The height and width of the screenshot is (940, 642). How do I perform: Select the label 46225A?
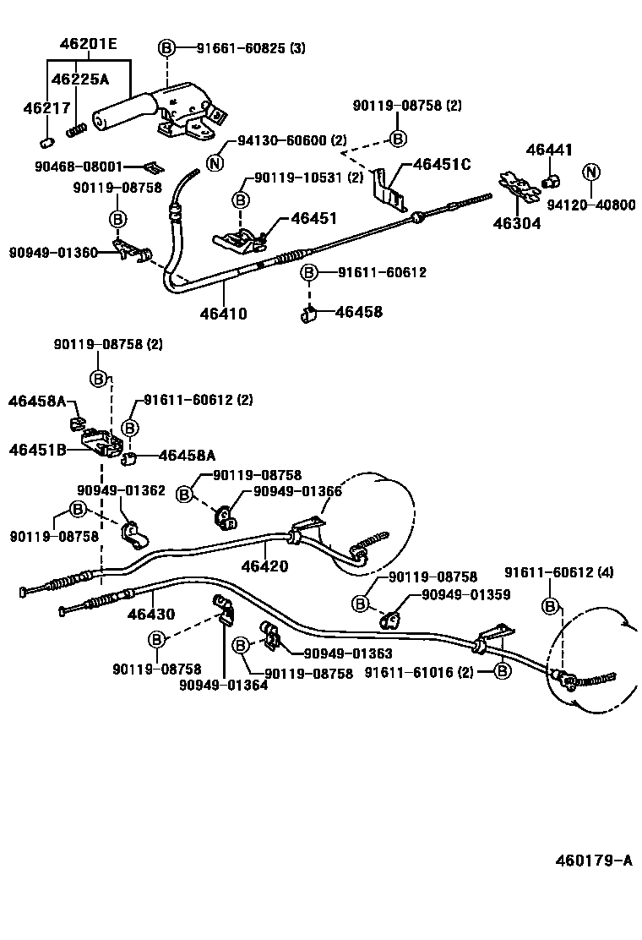tap(79, 79)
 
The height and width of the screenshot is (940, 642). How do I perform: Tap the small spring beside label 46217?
tap(77, 131)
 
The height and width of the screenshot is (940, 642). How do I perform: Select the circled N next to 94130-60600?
tap(215, 164)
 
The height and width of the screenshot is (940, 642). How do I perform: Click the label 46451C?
tap(441, 164)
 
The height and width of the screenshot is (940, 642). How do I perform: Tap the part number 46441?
tap(549, 150)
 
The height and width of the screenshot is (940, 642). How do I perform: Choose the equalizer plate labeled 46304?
tap(517, 192)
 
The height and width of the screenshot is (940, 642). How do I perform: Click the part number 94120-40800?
tap(591, 205)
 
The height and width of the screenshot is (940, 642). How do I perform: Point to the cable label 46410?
tap(224, 314)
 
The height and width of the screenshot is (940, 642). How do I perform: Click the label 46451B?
tap(37, 449)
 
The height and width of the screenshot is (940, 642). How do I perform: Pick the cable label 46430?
tap(152, 615)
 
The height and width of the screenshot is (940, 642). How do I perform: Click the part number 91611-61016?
tap(420, 672)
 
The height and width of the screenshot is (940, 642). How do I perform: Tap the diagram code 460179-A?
tap(593, 861)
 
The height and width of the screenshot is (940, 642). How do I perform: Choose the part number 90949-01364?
tap(223, 685)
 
